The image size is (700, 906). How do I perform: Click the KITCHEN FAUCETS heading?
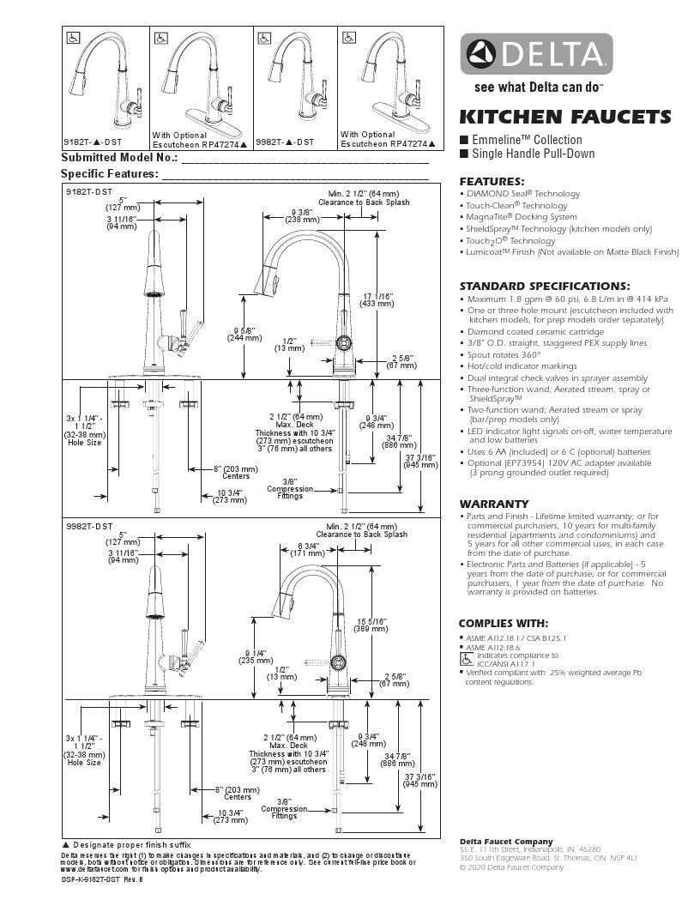tap(564, 117)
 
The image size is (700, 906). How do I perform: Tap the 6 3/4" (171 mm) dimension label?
tap(307, 549)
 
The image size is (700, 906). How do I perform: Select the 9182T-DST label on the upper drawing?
tap(89, 193)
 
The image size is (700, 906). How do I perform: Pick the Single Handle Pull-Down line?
tap(533, 154)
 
